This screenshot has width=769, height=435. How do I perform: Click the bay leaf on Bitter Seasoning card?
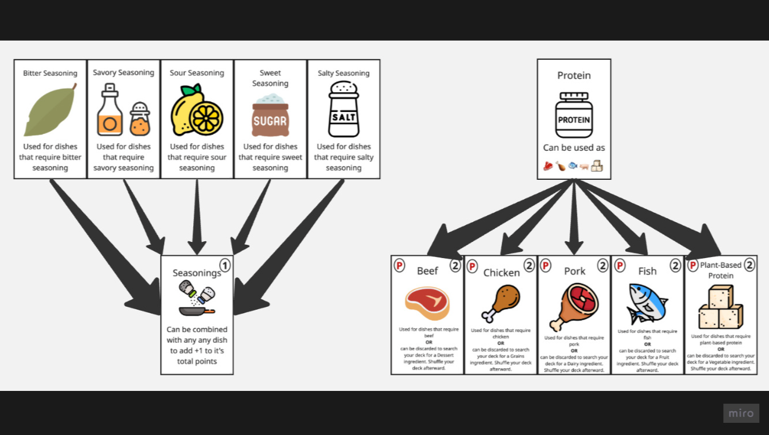50,110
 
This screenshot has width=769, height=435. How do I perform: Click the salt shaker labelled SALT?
343,110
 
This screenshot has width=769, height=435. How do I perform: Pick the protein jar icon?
574,115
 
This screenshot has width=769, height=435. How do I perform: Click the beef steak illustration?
427,303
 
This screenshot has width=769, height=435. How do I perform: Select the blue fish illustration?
647,303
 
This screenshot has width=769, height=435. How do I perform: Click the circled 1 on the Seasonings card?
225,266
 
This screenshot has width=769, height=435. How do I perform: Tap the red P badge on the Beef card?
399,266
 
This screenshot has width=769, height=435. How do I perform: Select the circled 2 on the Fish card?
676,266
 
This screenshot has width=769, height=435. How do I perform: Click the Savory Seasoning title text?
124,72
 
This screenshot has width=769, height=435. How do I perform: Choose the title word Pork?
575,271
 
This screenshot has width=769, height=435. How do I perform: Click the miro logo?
741,413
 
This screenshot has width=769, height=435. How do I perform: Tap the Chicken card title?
502,273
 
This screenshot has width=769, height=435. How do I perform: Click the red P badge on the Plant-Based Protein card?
692,266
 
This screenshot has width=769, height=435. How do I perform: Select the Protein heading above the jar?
574,75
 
